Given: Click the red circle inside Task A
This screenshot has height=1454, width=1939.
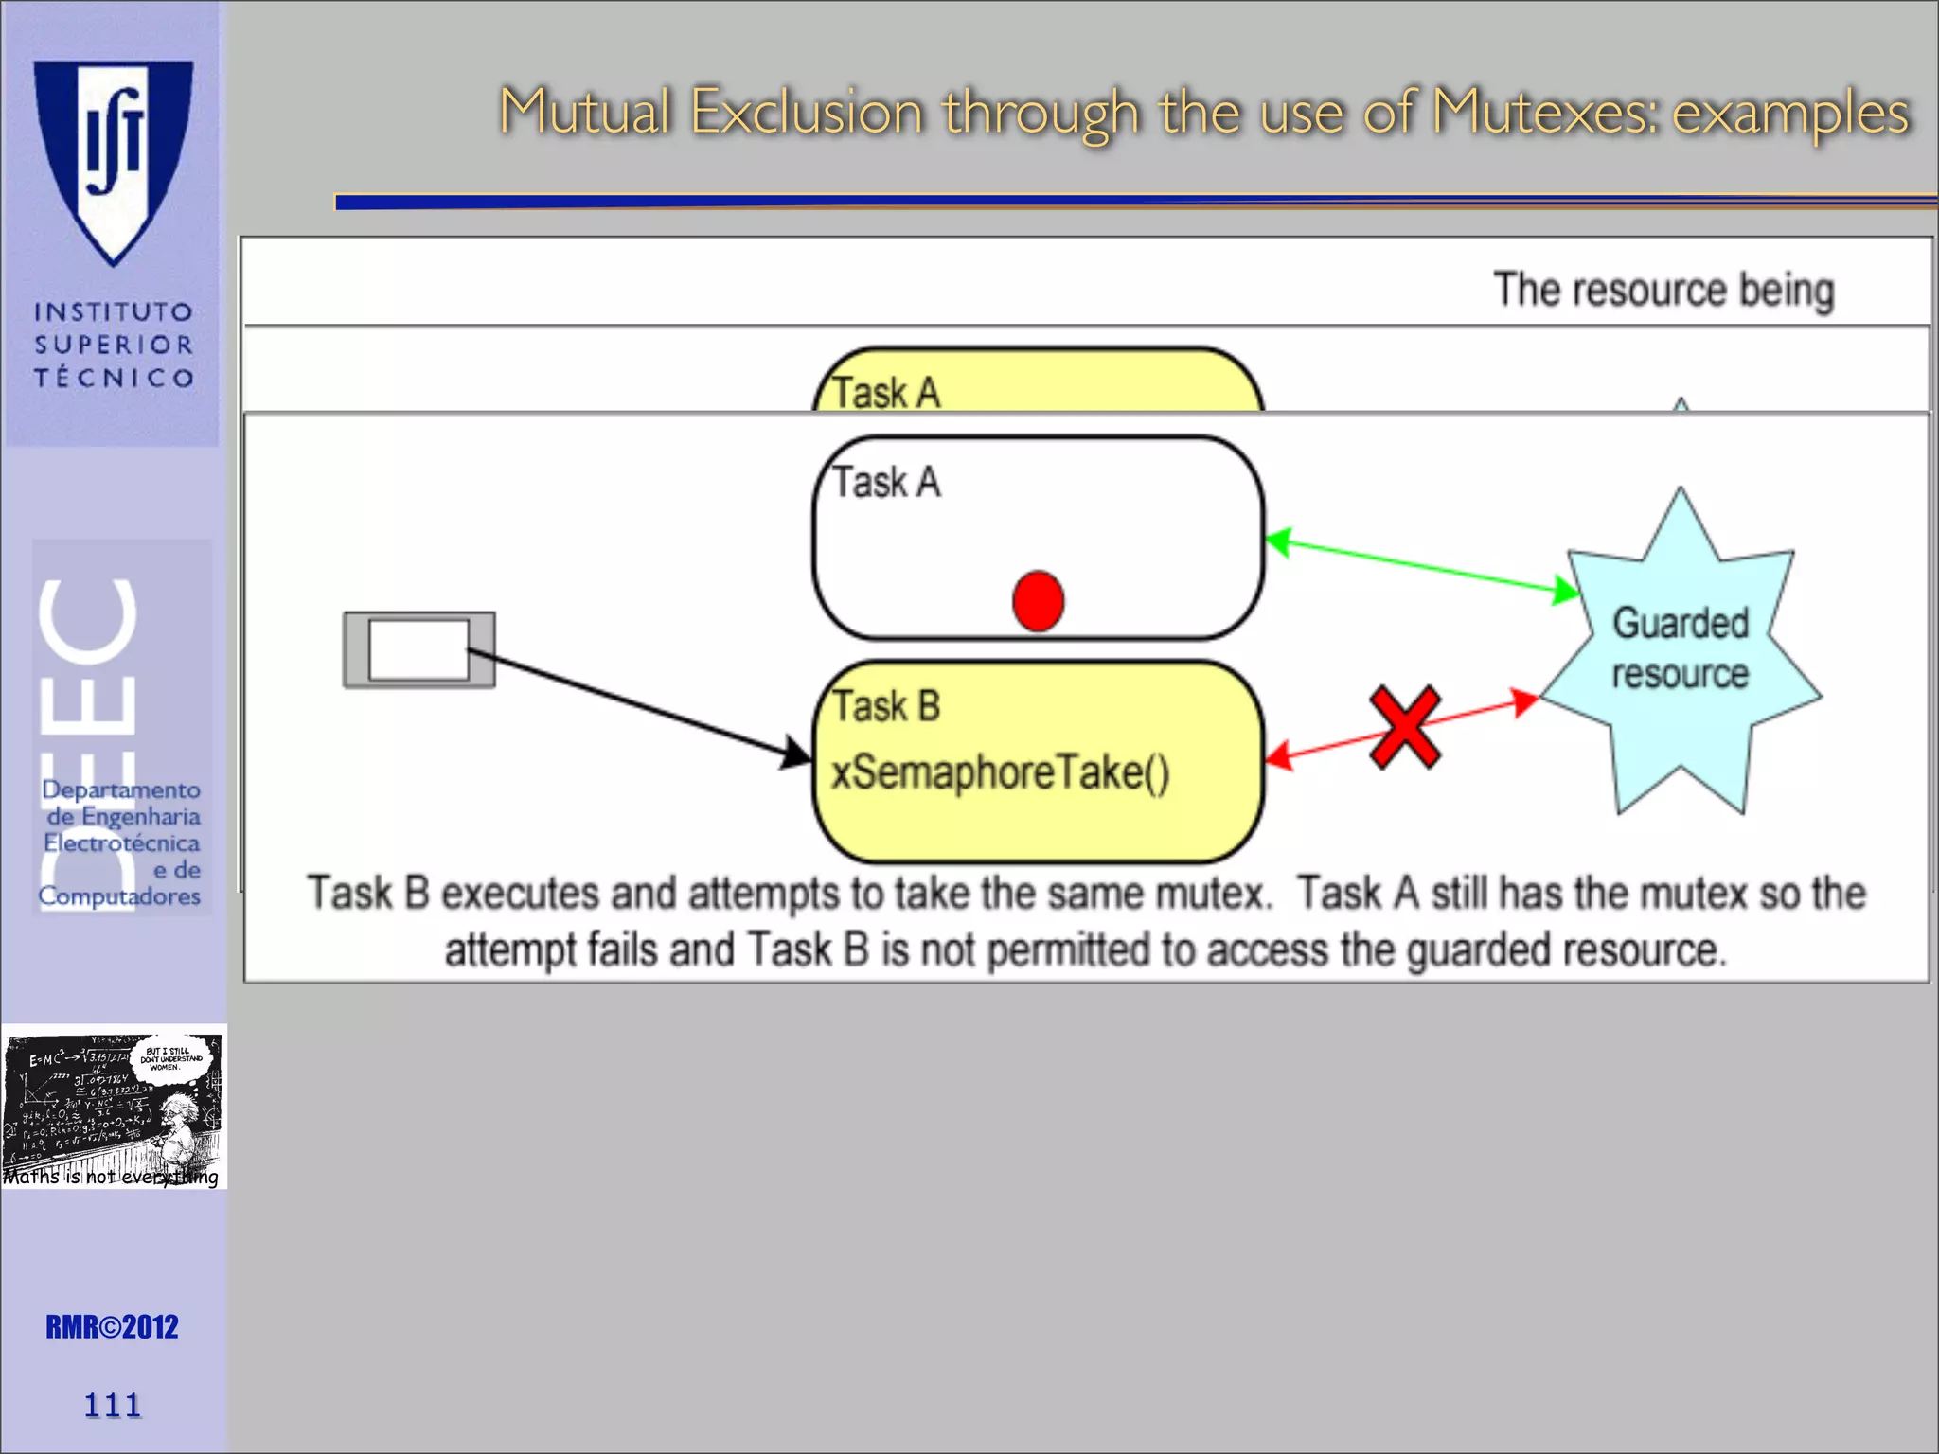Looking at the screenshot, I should pos(1038,601).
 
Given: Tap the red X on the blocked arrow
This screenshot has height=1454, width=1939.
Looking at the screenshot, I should pos(1405,727).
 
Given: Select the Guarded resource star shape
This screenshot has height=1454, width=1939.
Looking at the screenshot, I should pos(1681,653).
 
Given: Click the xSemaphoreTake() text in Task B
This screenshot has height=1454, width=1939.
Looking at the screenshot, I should pos(1000,772).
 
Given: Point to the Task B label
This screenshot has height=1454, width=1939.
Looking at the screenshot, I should pos(886,706).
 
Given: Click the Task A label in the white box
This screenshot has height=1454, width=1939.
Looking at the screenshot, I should pos(886,482).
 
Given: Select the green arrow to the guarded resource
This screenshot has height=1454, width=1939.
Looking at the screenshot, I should pos(1420,566).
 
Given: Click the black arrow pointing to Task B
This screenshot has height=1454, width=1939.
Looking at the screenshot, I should pos(644,704).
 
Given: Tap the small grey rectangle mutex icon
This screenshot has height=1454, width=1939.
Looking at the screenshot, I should pos(418,649).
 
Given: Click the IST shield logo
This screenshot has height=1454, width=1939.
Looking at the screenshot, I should pos(114,161).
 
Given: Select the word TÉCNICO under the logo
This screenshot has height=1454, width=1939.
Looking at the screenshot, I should pos(114,378).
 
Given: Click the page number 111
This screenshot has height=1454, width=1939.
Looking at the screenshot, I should pos(113,1405).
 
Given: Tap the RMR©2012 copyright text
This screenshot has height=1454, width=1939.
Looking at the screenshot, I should pos(112,1327).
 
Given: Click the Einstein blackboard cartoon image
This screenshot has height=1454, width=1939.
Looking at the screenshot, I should pos(114,1106).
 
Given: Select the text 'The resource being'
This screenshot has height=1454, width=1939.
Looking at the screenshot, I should pos(1663,289).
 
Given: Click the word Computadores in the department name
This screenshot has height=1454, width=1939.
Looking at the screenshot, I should pos(119,895).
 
